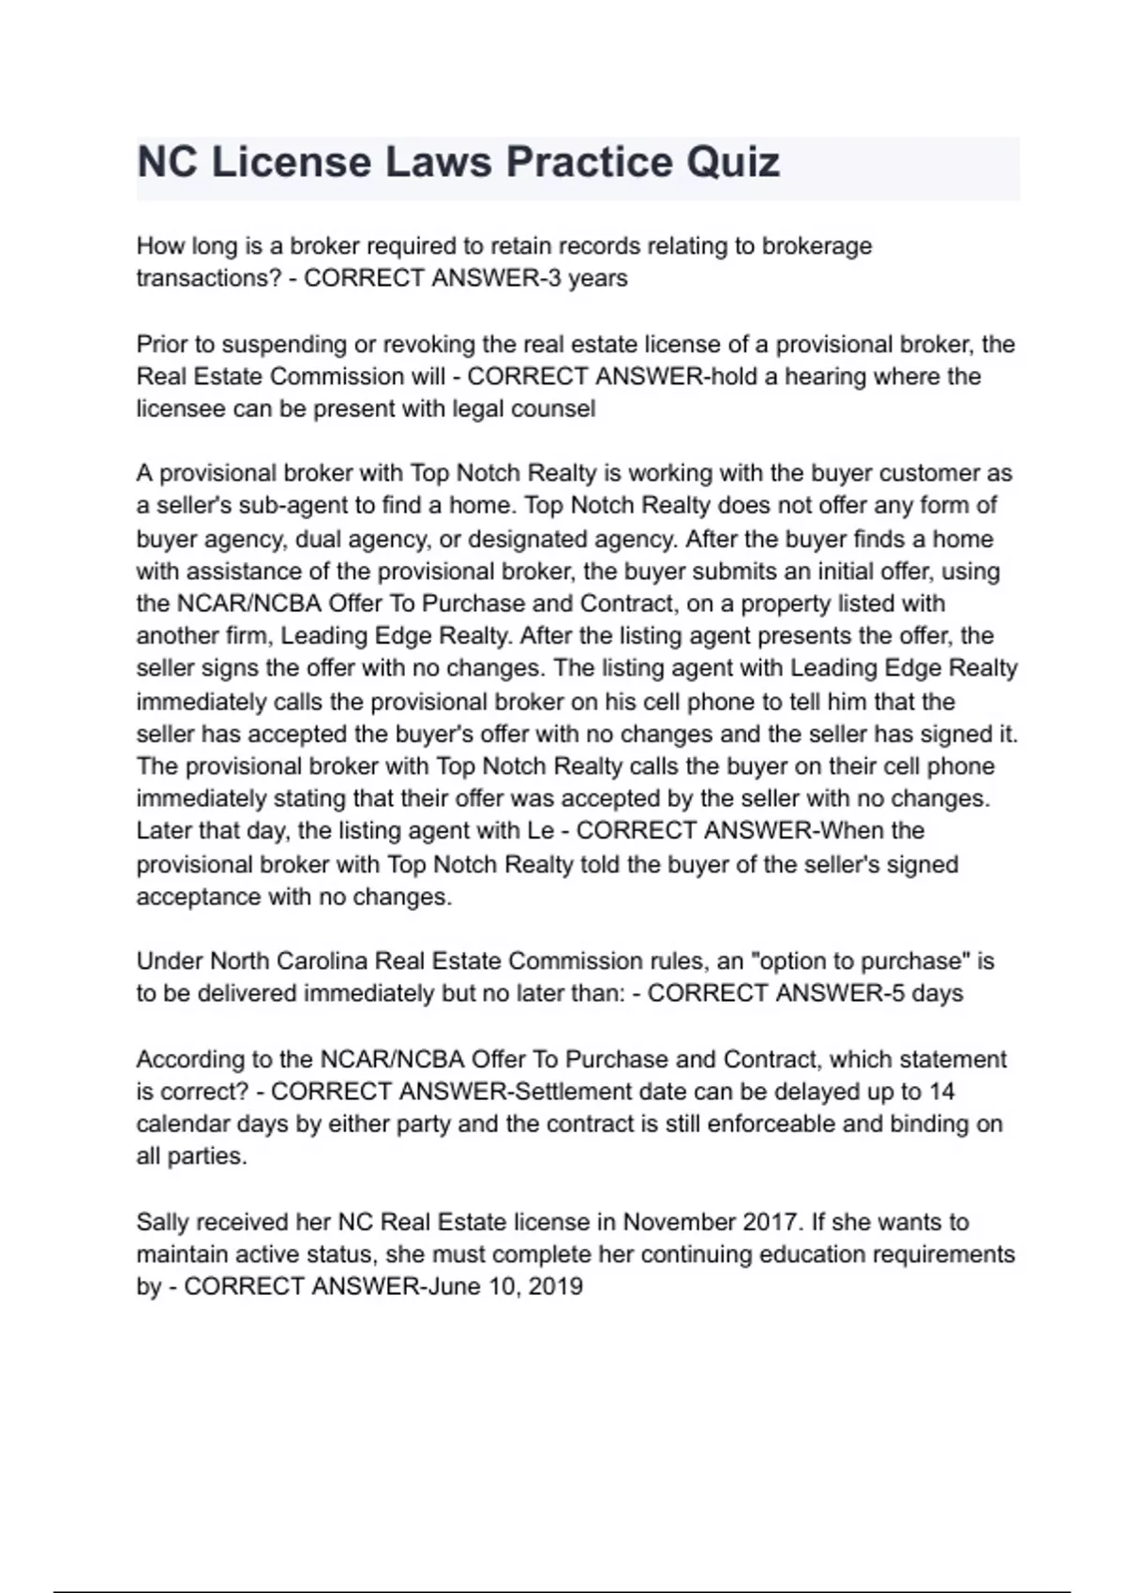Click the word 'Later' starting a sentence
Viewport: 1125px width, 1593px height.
(x=165, y=831)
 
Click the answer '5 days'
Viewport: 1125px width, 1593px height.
(x=927, y=993)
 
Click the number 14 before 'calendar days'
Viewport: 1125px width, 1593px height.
(x=941, y=1092)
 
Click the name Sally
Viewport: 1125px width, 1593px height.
(x=162, y=1222)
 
